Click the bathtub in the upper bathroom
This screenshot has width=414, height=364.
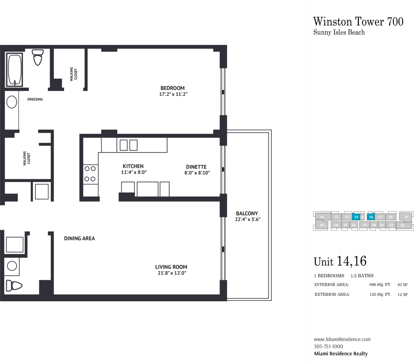[15, 70]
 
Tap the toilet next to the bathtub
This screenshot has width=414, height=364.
[38, 57]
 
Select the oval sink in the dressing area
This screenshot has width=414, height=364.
[11, 102]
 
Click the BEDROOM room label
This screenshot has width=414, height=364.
[172, 88]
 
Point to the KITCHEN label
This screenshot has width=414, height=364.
[133, 166]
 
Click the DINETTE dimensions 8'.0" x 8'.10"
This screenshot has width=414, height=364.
[197, 173]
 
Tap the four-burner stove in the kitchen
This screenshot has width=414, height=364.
[90, 174]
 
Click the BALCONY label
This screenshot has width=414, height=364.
[247, 213]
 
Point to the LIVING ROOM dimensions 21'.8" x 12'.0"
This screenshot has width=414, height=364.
[172, 273]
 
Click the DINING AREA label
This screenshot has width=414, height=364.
[79, 238]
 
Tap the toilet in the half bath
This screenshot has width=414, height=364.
[14, 285]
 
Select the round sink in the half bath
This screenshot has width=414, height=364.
[12, 266]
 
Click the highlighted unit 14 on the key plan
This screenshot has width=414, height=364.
[356, 217]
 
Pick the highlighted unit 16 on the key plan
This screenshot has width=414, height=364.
[371, 217]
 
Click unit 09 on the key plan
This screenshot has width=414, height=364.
[322, 225]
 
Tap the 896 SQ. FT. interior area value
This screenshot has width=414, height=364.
[380, 285]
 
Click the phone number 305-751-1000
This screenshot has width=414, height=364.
[329, 347]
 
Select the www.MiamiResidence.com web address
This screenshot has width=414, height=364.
[342, 339]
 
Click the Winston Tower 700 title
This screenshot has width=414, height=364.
[358, 21]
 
